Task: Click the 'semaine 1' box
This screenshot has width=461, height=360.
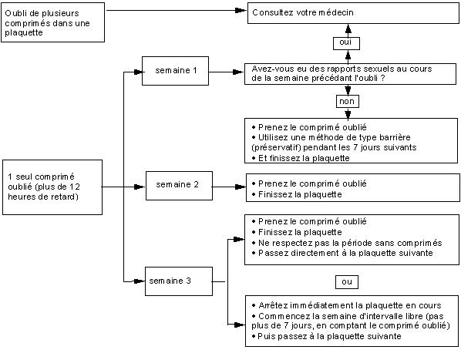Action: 175,71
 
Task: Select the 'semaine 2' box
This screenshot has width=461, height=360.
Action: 179,186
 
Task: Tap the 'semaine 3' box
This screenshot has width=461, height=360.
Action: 178,281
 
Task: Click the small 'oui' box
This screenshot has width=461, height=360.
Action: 346,43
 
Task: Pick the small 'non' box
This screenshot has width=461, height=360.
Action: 347,102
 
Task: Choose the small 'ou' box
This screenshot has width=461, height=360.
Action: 347,282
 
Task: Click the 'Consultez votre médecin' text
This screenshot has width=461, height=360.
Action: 303,12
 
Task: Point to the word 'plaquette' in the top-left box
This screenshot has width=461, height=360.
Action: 24,32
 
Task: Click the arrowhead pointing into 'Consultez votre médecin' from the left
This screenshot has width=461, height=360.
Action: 241,11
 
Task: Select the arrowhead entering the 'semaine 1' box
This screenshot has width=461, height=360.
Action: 139,72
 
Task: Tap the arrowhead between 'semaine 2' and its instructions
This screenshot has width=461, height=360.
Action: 241,187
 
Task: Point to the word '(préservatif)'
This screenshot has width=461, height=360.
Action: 276,147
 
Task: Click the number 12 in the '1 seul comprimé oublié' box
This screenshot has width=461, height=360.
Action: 75,187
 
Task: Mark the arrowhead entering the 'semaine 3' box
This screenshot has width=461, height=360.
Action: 139,281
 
